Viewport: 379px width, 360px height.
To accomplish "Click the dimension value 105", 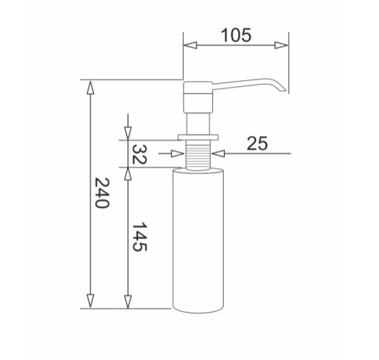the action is point(236,35).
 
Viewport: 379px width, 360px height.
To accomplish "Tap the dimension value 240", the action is point(102,193).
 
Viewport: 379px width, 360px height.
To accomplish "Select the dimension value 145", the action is point(139,237).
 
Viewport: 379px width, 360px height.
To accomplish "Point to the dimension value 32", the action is point(139,154).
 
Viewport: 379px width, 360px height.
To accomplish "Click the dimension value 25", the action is point(257,143).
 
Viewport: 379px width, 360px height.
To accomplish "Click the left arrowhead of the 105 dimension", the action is point(190,45).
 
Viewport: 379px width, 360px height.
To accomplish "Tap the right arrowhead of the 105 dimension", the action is point(282,45).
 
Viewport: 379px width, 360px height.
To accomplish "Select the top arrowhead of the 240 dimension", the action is point(90,87).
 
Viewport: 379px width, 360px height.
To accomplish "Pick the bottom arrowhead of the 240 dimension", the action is point(90,301).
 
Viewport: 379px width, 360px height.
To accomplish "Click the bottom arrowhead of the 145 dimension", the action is point(128,302).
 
